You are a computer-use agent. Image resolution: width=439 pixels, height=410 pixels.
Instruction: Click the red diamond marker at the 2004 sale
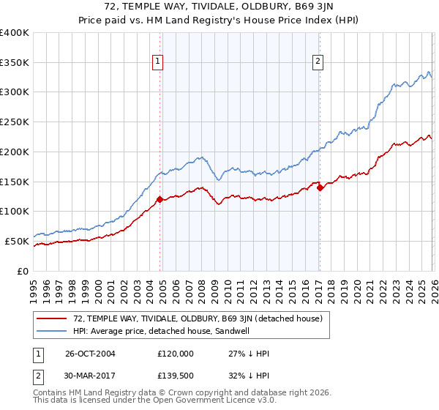(x=160, y=198)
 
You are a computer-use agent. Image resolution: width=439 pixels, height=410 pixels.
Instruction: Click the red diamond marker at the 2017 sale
(x=320, y=187)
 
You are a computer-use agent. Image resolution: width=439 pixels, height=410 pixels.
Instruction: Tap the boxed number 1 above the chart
(x=157, y=62)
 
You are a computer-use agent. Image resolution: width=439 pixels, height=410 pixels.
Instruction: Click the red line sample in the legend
(x=52, y=318)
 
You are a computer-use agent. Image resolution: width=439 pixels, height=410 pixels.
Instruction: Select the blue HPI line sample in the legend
(x=52, y=331)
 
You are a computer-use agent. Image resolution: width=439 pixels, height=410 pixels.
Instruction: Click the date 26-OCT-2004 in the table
(x=90, y=354)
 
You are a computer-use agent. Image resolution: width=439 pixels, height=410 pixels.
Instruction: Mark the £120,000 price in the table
(x=176, y=354)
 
